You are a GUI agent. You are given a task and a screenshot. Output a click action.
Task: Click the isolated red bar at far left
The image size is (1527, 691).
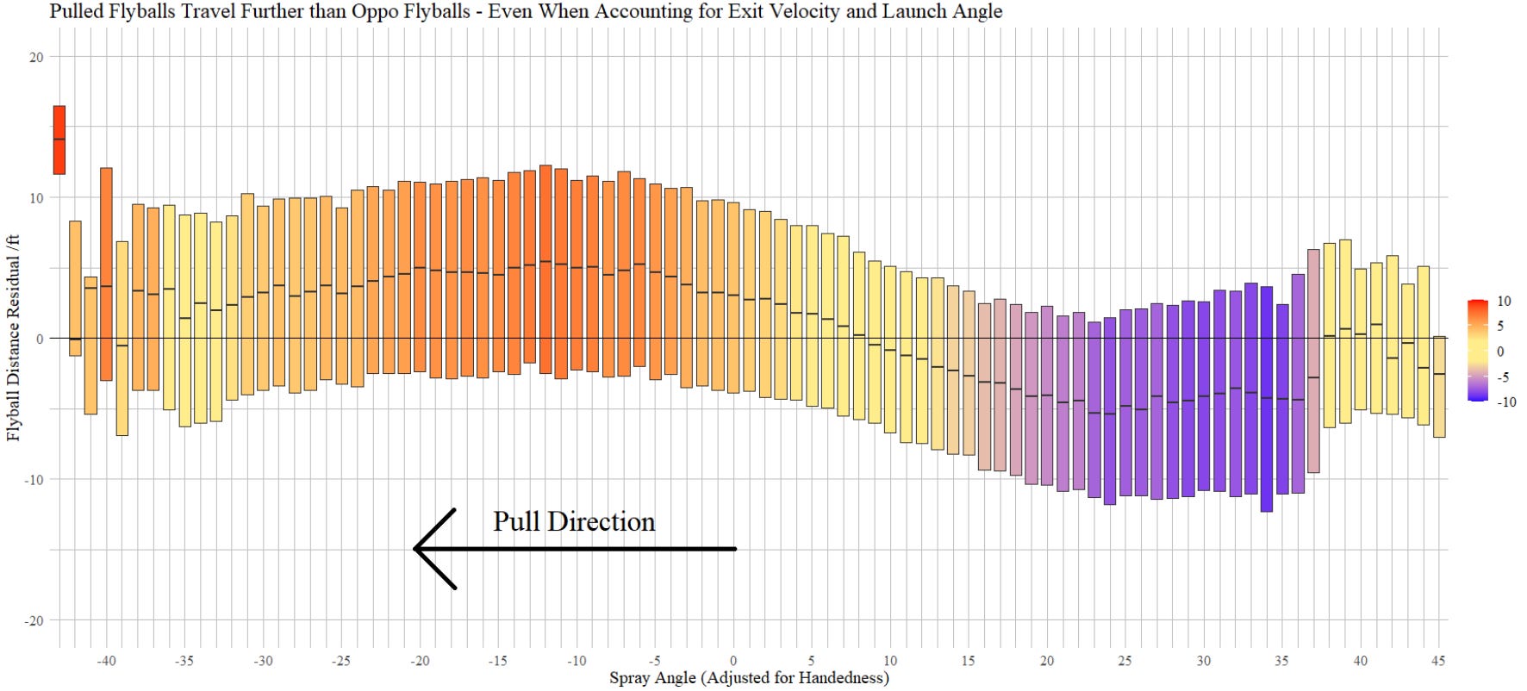(x=59, y=140)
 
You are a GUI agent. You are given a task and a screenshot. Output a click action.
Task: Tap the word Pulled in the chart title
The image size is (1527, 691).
(x=77, y=11)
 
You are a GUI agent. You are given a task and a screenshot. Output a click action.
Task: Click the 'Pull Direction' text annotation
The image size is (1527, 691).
(x=573, y=522)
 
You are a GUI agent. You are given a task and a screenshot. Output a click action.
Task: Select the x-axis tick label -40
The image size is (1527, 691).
(x=106, y=661)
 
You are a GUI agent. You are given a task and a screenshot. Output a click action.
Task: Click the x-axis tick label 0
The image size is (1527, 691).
(x=733, y=661)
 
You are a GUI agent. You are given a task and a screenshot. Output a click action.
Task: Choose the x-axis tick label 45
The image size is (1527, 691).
(x=1438, y=661)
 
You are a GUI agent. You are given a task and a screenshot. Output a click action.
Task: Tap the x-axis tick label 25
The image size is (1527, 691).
(x=1125, y=661)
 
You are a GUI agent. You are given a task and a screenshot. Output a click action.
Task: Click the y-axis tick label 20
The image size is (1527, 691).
(x=35, y=58)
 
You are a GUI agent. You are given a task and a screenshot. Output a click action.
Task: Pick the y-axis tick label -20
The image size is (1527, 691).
(x=33, y=621)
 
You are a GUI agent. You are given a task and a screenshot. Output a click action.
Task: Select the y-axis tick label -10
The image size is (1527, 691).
(x=33, y=480)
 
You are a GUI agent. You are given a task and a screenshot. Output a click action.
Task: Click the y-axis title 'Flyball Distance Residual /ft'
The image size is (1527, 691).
(x=13, y=337)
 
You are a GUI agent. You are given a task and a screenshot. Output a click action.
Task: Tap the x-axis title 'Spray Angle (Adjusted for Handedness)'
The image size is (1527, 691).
(x=749, y=678)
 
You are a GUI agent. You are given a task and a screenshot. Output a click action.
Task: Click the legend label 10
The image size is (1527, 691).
(x=1504, y=302)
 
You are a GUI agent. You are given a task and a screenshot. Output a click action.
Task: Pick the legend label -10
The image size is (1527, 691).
(x=1506, y=402)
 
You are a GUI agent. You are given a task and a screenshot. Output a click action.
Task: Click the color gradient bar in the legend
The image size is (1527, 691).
(x=1478, y=350)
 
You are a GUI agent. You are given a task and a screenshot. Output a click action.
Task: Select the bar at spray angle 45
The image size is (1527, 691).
(x=1439, y=387)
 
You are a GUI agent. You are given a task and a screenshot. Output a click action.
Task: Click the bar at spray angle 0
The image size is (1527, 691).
(x=733, y=297)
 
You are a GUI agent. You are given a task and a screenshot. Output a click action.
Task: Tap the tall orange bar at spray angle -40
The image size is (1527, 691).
(x=106, y=274)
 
